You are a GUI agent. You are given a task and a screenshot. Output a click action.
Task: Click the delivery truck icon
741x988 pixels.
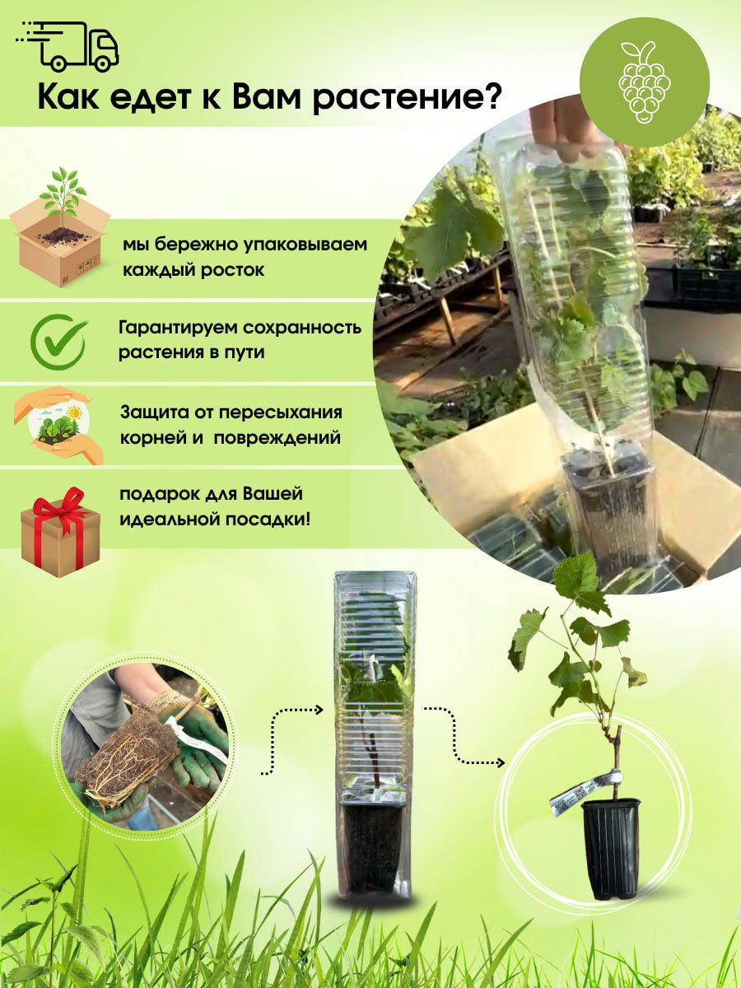68,47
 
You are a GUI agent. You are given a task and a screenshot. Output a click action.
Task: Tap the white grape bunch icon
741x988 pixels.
645,82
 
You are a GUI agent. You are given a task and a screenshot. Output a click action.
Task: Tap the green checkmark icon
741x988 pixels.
59,341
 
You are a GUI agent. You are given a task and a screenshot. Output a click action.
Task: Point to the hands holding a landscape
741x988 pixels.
58,425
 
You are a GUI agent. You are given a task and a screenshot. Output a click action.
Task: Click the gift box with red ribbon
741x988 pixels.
60,533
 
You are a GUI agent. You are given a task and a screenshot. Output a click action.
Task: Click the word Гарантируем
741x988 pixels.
178,329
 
